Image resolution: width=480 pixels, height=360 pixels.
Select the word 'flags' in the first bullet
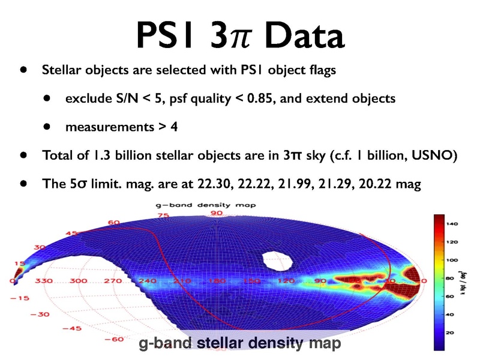click(x=320, y=70)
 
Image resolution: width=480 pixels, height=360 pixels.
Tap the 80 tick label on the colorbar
click(x=449, y=278)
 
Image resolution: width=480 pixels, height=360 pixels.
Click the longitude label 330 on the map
click(x=44, y=280)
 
